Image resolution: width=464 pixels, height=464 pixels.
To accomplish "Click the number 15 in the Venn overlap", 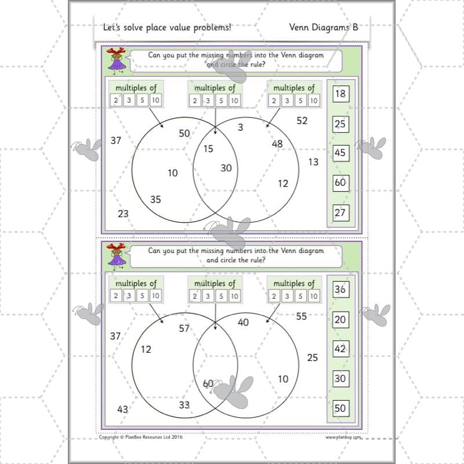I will (x=208, y=148).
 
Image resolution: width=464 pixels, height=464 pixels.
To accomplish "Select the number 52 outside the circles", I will (x=302, y=121).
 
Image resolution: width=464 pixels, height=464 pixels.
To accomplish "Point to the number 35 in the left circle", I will (x=155, y=200).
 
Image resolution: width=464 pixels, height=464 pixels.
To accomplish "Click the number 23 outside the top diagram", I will (x=123, y=213).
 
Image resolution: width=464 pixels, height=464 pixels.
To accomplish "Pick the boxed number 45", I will (x=340, y=153).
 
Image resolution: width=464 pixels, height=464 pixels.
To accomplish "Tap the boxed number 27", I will (x=340, y=213).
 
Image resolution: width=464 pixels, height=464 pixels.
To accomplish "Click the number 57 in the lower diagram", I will (x=184, y=328).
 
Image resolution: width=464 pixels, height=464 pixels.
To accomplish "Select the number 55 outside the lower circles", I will (x=301, y=316).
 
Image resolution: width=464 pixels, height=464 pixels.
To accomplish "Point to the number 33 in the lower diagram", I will (x=184, y=405).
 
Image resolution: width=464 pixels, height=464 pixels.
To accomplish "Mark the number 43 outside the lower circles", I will (x=122, y=409).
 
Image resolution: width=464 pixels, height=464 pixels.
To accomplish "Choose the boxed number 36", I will (x=340, y=289).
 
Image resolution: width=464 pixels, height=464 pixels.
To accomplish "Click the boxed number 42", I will (x=340, y=349).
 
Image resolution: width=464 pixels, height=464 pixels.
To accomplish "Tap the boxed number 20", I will (x=340, y=319).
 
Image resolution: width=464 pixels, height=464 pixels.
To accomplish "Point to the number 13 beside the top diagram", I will (x=313, y=162).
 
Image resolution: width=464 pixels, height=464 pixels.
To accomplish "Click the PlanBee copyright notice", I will (x=141, y=438).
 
